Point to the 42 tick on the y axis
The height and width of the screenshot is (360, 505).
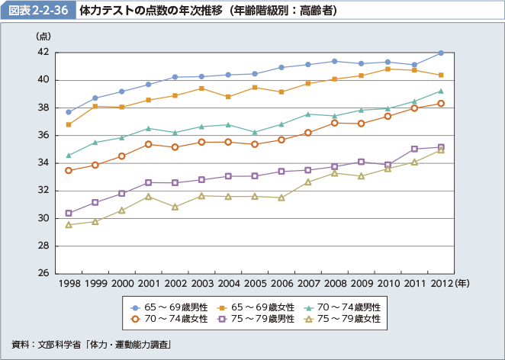click(43, 52)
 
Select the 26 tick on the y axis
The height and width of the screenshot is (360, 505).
click(43, 273)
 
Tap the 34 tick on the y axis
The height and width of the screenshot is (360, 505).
click(43, 162)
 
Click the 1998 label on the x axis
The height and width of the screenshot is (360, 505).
click(69, 284)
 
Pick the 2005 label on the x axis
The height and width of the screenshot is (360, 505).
click(255, 284)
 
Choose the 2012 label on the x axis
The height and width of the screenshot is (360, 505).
click(440, 284)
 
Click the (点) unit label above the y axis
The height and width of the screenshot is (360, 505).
click(43, 37)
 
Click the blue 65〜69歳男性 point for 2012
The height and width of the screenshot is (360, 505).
click(441, 53)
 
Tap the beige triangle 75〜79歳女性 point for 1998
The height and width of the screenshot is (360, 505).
click(69, 225)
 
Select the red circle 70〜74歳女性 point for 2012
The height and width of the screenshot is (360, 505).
click(441, 103)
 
